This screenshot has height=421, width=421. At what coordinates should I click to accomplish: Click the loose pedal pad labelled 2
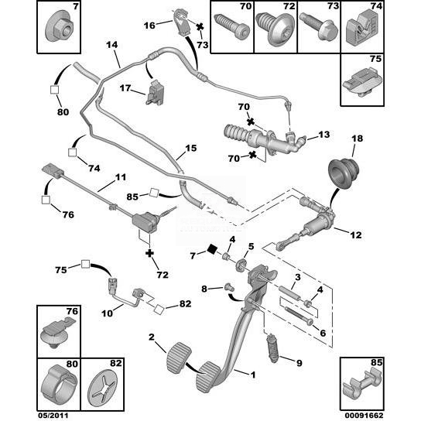point(179,353)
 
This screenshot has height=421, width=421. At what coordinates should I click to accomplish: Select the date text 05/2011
point(53,416)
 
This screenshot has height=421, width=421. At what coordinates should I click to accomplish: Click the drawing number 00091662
point(364,416)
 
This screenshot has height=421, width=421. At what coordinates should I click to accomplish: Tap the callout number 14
point(112,45)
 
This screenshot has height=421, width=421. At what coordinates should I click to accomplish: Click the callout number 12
point(356,235)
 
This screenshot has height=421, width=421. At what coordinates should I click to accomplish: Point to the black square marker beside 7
point(213,249)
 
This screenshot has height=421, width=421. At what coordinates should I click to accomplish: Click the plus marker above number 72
point(149,253)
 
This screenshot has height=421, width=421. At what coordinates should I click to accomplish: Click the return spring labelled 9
point(272,347)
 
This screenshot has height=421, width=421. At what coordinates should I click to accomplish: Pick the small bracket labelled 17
point(156,92)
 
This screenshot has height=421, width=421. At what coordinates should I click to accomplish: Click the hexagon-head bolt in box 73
point(319,27)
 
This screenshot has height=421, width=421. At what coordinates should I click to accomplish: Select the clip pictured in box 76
point(57,331)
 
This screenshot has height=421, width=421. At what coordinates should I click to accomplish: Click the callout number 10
point(107,313)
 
